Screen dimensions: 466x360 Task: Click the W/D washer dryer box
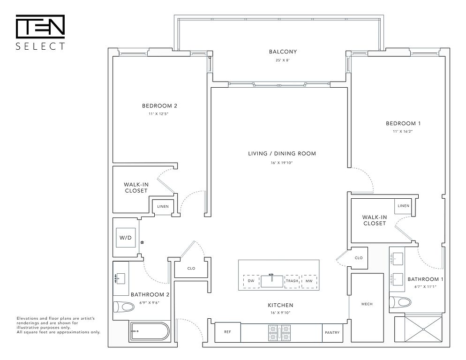point(126,238)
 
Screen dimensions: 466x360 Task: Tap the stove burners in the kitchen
point(279,333)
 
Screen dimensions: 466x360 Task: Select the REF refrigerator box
point(228,332)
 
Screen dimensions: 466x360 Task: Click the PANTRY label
point(332,333)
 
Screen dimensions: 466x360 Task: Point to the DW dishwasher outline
point(251,281)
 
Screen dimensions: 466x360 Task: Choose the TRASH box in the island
point(292,281)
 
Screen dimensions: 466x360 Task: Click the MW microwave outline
point(309,281)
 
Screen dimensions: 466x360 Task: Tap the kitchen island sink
point(272,281)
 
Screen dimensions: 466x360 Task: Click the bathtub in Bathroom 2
point(149,332)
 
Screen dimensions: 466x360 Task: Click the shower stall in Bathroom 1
point(418,330)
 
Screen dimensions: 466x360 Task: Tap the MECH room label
point(367,304)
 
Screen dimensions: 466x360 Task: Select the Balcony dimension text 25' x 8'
point(283,60)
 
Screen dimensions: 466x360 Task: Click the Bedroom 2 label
point(159,106)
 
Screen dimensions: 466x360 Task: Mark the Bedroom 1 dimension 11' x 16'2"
point(403,131)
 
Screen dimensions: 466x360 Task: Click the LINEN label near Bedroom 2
point(163,206)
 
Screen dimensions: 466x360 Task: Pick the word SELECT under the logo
point(40,46)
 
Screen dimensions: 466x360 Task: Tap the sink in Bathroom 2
point(120,278)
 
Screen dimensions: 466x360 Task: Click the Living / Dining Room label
point(282,154)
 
